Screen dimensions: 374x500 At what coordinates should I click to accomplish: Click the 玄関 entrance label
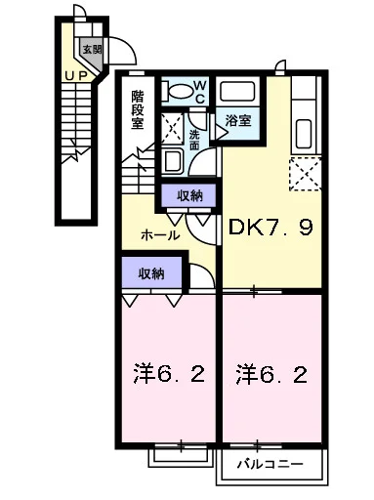click(92, 49)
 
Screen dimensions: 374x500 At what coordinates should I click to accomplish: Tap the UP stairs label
click(76, 76)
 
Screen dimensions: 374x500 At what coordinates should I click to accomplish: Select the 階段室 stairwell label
click(138, 109)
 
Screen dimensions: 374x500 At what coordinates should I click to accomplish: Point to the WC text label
click(199, 92)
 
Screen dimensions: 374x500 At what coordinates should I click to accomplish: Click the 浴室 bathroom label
click(238, 121)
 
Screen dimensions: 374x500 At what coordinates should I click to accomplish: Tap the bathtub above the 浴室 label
click(237, 92)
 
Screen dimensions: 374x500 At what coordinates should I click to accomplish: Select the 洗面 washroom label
click(194, 140)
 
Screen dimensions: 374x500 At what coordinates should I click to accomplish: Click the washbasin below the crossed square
click(173, 161)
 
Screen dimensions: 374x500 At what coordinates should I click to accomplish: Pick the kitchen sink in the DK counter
click(304, 134)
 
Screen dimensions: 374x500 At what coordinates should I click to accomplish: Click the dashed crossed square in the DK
click(305, 174)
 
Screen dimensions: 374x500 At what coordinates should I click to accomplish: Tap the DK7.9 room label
click(270, 228)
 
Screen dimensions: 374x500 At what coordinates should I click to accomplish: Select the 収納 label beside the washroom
click(189, 195)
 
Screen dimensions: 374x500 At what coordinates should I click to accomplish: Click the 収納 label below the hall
click(151, 273)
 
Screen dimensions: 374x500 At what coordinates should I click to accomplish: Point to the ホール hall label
click(160, 235)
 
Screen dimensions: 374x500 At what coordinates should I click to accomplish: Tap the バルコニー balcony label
click(270, 464)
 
